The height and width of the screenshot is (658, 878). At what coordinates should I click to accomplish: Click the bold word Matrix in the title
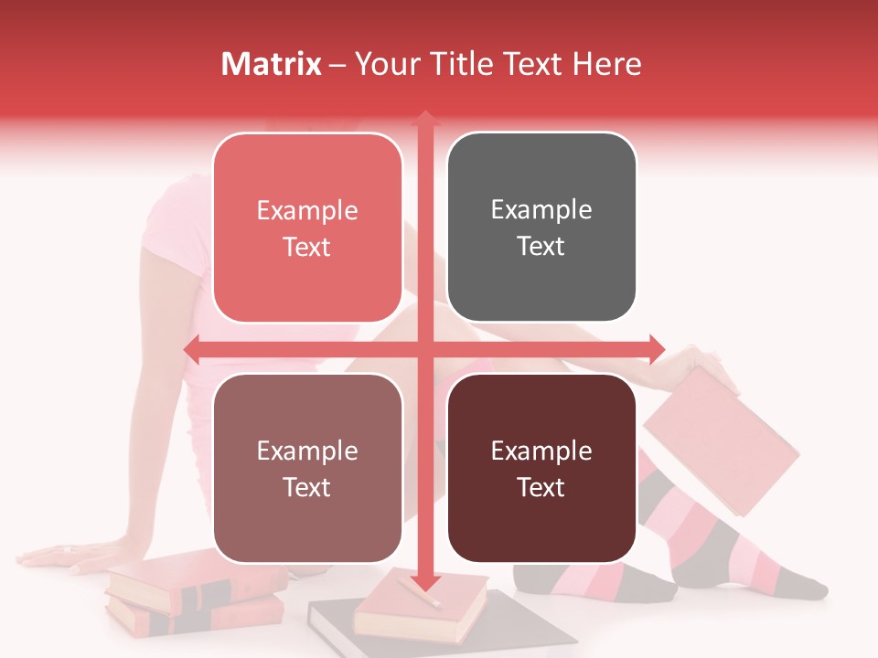(x=272, y=64)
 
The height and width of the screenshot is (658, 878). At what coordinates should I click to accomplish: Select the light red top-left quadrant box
(x=307, y=228)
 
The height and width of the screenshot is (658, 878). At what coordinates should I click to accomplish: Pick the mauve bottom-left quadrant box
(x=307, y=468)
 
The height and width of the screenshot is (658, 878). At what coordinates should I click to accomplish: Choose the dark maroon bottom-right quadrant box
(x=541, y=468)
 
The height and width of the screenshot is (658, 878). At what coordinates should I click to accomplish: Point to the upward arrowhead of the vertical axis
(x=424, y=118)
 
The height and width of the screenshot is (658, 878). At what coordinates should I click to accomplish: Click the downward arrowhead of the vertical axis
(x=424, y=581)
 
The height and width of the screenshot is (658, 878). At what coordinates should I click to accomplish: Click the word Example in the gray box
(x=541, y=210)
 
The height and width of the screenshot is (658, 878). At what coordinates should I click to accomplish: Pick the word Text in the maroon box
(x=541, y=487)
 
